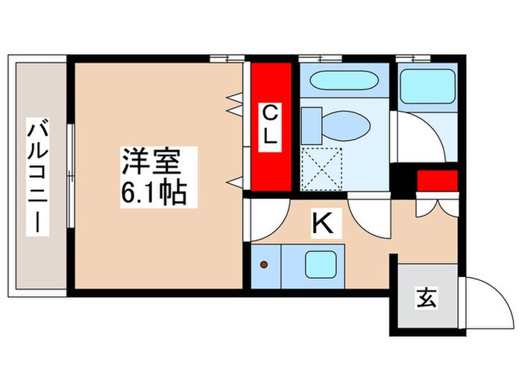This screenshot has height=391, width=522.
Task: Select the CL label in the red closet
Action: click(x=270, y=127)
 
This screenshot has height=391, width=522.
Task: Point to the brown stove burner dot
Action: click(x=263, y=264)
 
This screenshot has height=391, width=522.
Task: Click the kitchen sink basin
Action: click(x=321, y=264)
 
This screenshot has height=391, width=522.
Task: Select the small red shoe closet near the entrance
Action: click(x=436, y=182)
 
